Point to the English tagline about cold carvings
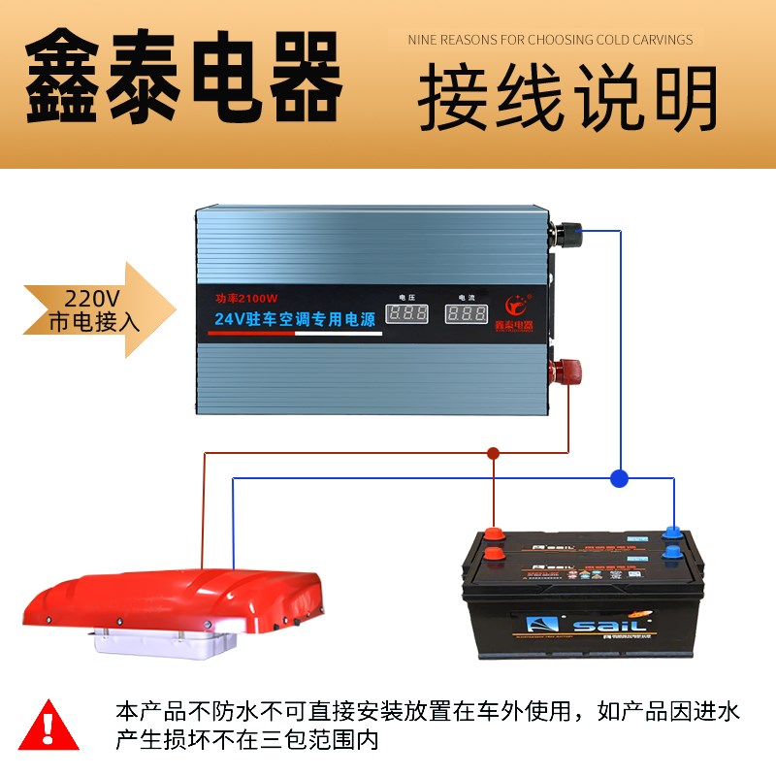tap(550, 40)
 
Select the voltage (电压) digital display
tap(406, 314)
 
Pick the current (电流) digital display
tap(467, 314)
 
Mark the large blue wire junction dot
tap(619, 477)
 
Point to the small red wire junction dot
tap(493, 452)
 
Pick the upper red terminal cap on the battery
tap(495, 533)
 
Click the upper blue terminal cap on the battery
tap(671, 532)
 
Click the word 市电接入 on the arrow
tap(94, 322)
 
